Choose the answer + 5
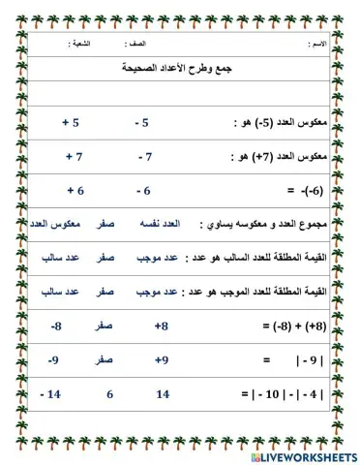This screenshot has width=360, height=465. pyautogui.click(x=71, y=124)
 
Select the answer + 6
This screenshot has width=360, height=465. pyautogui.click(x=76, y=191)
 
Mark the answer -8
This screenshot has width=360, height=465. pyautogui.click(x=57, y=326)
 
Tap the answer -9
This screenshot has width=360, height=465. pyautogui.click(x=58, y=360)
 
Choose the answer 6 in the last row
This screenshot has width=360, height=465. pyautogui.click(x=109, y=394)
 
